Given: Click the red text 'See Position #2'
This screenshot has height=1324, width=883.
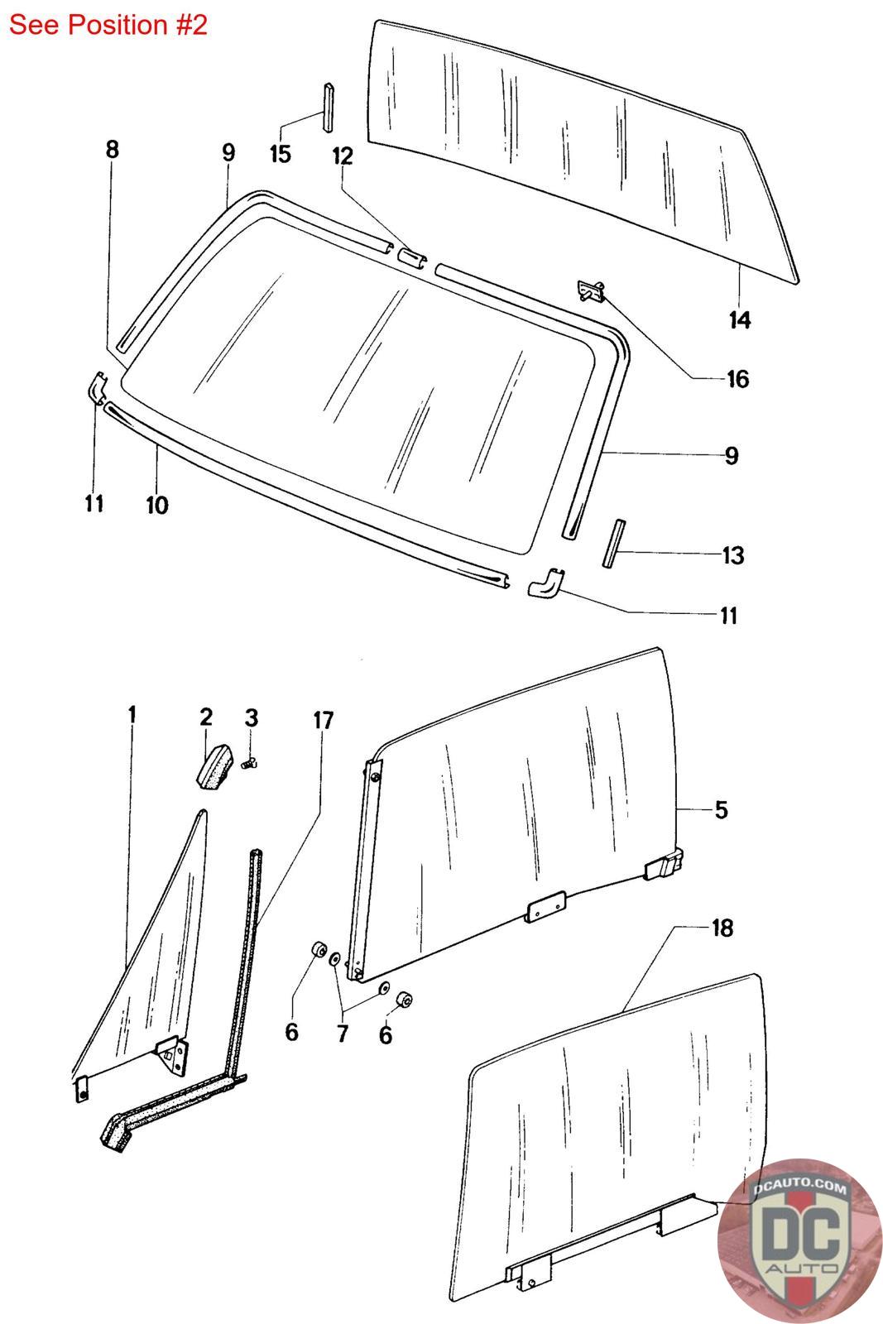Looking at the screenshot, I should [108, 25].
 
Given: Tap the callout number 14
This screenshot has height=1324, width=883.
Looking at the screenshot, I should [740, 319].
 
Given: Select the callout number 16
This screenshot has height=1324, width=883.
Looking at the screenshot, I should [737, 379].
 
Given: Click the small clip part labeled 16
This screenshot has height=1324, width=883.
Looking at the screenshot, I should [589, 290].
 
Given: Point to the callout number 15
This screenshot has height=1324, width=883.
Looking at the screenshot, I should [281, 153].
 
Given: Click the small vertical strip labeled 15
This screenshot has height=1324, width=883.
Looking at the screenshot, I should [328, 106].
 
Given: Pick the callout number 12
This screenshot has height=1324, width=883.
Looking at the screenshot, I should [343, 156].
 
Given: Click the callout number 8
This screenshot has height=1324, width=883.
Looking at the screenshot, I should [113, 149].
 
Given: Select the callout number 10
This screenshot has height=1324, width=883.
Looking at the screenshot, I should [157, 504].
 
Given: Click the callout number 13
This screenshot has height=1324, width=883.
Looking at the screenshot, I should [733, 555].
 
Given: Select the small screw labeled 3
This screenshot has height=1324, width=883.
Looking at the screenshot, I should [246, 765].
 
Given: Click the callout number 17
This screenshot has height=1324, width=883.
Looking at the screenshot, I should [324, 721].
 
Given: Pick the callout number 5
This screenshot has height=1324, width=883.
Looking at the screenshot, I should [721, 809].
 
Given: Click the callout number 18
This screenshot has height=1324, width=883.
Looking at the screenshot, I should [722, 928].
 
